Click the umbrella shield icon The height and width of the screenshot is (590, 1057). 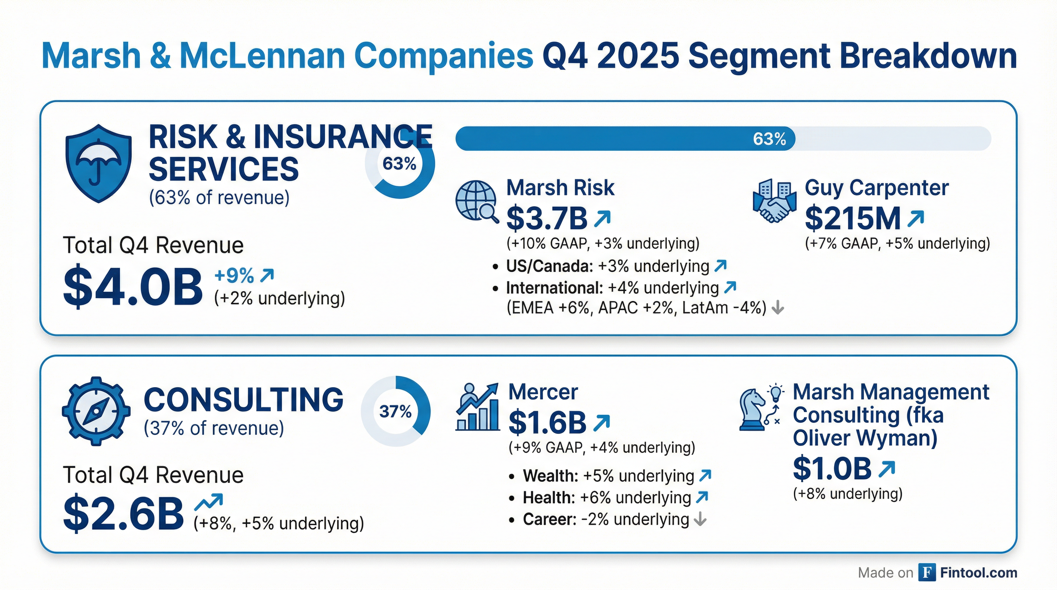(x=98, y=163)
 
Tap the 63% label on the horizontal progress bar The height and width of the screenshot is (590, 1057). (x=769, y=139)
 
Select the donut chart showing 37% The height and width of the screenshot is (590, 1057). (x=396, y=411)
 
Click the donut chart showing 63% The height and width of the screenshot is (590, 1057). (x=400, y=164)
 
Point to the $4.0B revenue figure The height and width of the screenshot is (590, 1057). (x=133, y=288)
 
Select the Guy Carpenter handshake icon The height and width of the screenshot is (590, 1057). (x=774, y=201)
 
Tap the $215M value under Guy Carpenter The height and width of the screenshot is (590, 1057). (x=853, y=219)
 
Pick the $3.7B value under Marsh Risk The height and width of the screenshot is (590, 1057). (x=547, y=219)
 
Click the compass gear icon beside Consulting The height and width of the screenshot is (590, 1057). (x=96, y=411)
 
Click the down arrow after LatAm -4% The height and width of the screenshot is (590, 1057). (x=777, y=308)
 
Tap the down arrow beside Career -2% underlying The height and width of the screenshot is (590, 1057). (x=700, y=519)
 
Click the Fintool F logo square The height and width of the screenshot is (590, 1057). (x=926, y=572)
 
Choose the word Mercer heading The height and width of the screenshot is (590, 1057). (x=543, y=392)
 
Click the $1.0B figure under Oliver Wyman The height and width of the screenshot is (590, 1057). (x=832, y=469)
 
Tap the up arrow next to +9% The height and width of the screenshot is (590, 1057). (x=267, y=275)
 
